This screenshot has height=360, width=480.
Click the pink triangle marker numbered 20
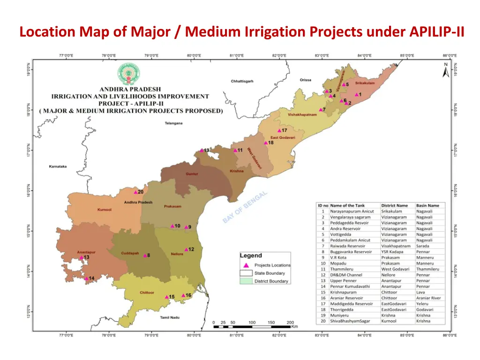[135, 192]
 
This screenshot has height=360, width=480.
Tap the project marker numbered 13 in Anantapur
[81, 257]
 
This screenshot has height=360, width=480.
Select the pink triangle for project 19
[202, 150]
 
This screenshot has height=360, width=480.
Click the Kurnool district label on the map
[104, 210]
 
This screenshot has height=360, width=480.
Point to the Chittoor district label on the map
[147, 292]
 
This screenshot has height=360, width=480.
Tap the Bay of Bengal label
[245, 207]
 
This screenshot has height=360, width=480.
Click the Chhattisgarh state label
[242, 81]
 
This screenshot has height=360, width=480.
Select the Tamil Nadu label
[171, 318]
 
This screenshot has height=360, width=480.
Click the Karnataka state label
[58, 166]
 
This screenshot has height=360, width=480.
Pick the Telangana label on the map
[173, 123]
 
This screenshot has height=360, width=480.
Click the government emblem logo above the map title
[128, 74]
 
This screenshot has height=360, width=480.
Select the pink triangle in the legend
[246, 265]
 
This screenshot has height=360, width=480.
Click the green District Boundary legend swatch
[246, 281]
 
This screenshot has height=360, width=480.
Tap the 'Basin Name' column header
[427, 205]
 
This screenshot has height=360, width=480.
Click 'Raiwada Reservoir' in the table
[347, 246]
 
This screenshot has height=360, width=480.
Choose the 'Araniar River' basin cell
[428, 298]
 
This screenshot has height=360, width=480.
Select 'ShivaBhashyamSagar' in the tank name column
[350, 321]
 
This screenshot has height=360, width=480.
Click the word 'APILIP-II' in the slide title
[436, 32]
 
